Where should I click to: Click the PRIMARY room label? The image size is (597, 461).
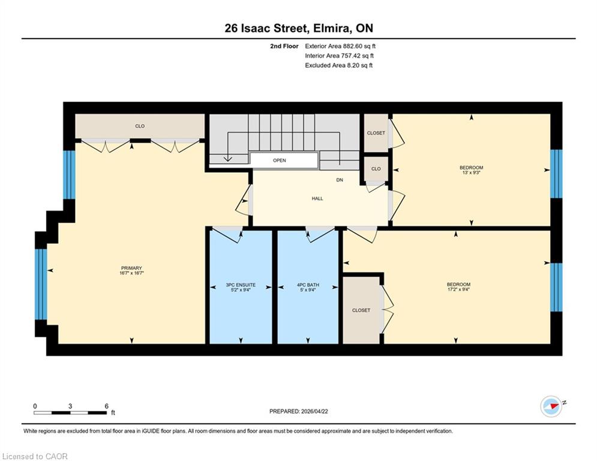click(131, 268)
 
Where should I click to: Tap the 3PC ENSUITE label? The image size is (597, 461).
click(241, 285)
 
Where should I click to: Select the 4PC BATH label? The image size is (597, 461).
click(308, 285)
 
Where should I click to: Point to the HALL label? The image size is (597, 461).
click(317, 199)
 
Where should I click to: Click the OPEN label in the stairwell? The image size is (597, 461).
click(280, 160)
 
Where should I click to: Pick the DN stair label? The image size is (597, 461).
click(340, 180)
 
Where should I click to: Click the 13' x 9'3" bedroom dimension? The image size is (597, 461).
click(472, 173)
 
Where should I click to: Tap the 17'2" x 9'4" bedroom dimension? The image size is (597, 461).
click(458, 289)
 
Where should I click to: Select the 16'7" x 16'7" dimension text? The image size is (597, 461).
click(131, 273)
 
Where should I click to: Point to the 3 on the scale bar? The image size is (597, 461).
click(70, 406)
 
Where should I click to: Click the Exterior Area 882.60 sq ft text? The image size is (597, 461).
click(340, 46)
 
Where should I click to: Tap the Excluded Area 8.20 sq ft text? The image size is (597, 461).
click(338, 65)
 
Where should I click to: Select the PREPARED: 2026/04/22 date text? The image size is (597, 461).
click(299, 411)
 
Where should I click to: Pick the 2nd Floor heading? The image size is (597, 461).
click(284, 46)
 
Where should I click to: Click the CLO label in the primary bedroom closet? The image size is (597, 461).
click(140, 126)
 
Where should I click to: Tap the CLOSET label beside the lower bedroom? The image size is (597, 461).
click(361, 310)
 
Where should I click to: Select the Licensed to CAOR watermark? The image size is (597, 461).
click(35, 456)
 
